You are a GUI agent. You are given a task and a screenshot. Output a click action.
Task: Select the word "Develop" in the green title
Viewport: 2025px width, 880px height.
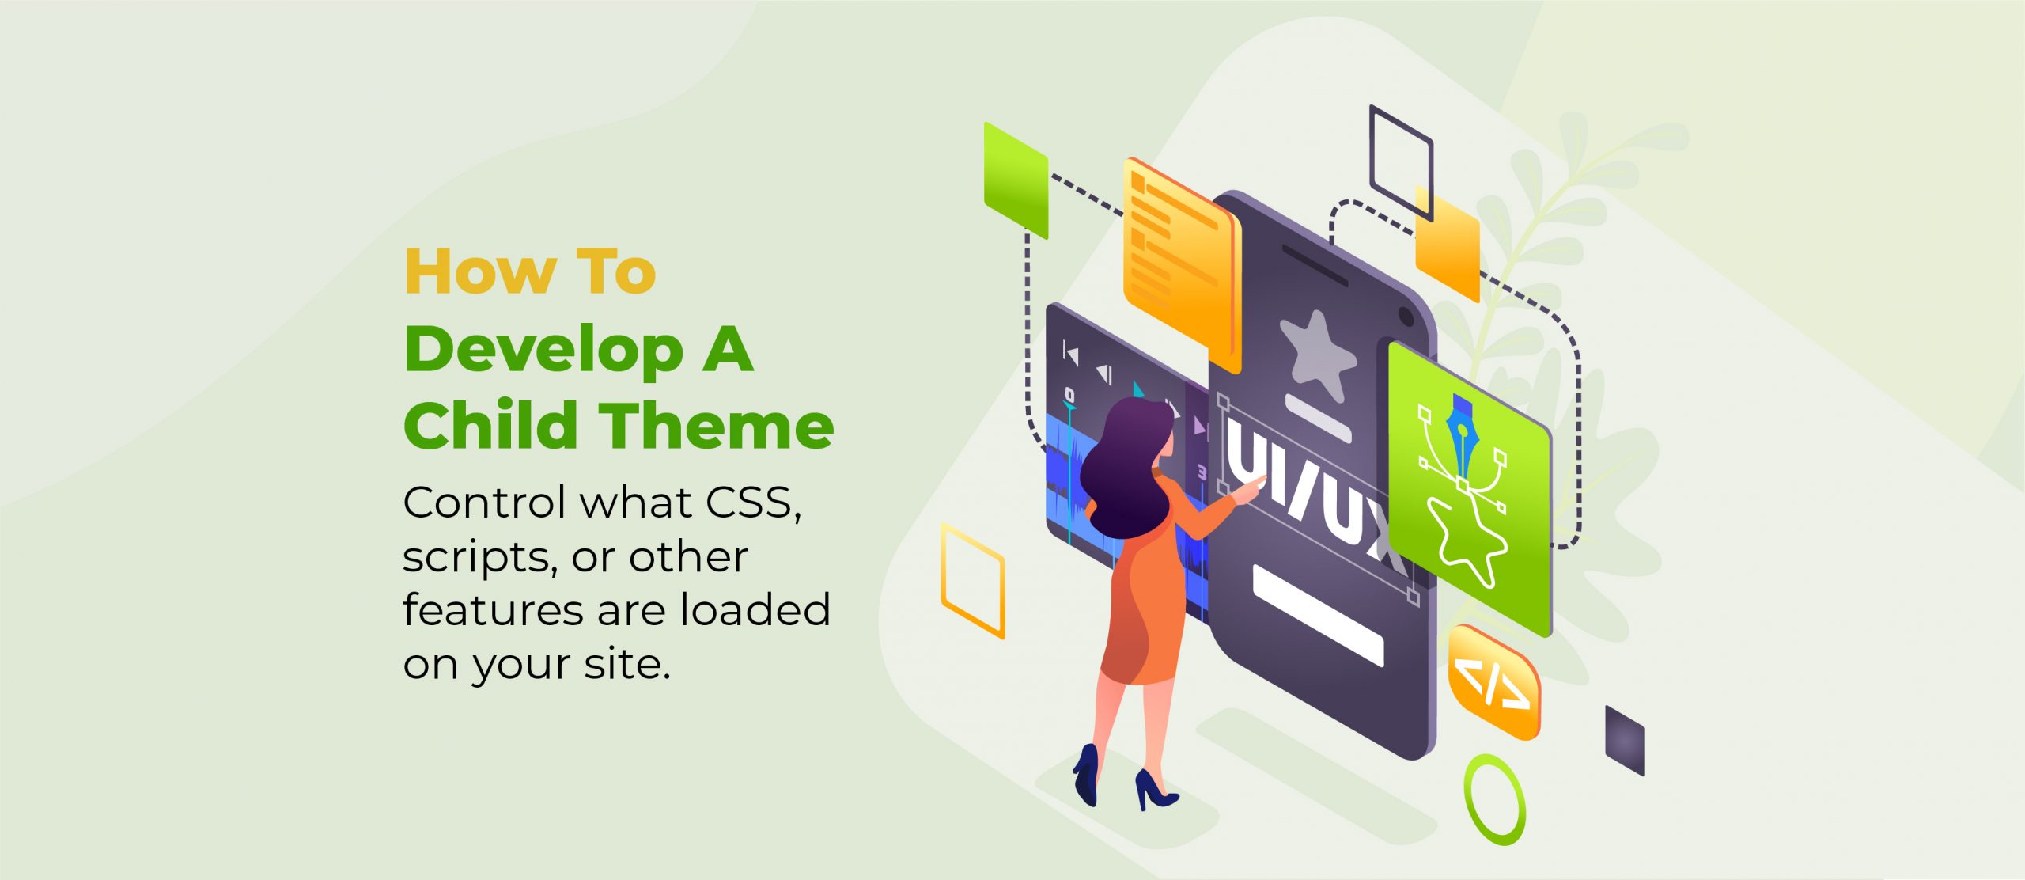pyautogui.click(x=543, y=351)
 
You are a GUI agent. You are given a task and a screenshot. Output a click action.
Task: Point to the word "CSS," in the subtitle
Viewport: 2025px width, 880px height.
pyautogui.click(x=753, y=503)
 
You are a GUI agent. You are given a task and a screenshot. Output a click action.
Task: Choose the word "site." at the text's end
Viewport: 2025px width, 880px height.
pyautogui.click(x=627, y=664)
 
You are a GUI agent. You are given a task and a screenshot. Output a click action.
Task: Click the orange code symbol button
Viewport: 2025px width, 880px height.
pyautogui.click(x=1493, y=682)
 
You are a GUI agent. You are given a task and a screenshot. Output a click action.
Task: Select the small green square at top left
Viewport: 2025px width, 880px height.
pyautogui.click(x=1016, y=180)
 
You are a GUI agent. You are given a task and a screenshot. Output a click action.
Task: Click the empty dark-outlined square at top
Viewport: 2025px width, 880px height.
pyautogui.click(x=1401, y=162)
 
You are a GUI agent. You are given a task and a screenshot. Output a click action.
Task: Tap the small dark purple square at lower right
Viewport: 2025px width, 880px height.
pyautogui.click(x=1624, y=740)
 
